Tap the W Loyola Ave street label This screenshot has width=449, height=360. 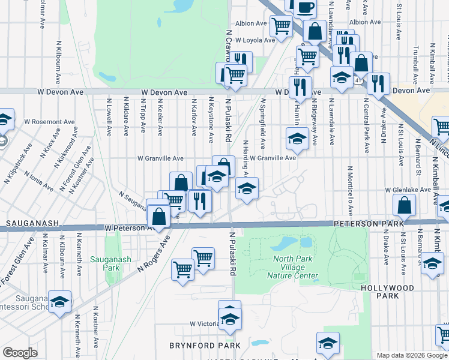tap(255, 40)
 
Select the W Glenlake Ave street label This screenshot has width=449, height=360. tap(408, 190)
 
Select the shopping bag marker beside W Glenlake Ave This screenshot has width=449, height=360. tap(405, 206)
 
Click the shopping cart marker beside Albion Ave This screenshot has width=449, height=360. tap(280, 26)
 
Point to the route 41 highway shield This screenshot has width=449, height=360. tap(358, 80)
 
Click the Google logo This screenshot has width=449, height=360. tap(20, 353)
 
